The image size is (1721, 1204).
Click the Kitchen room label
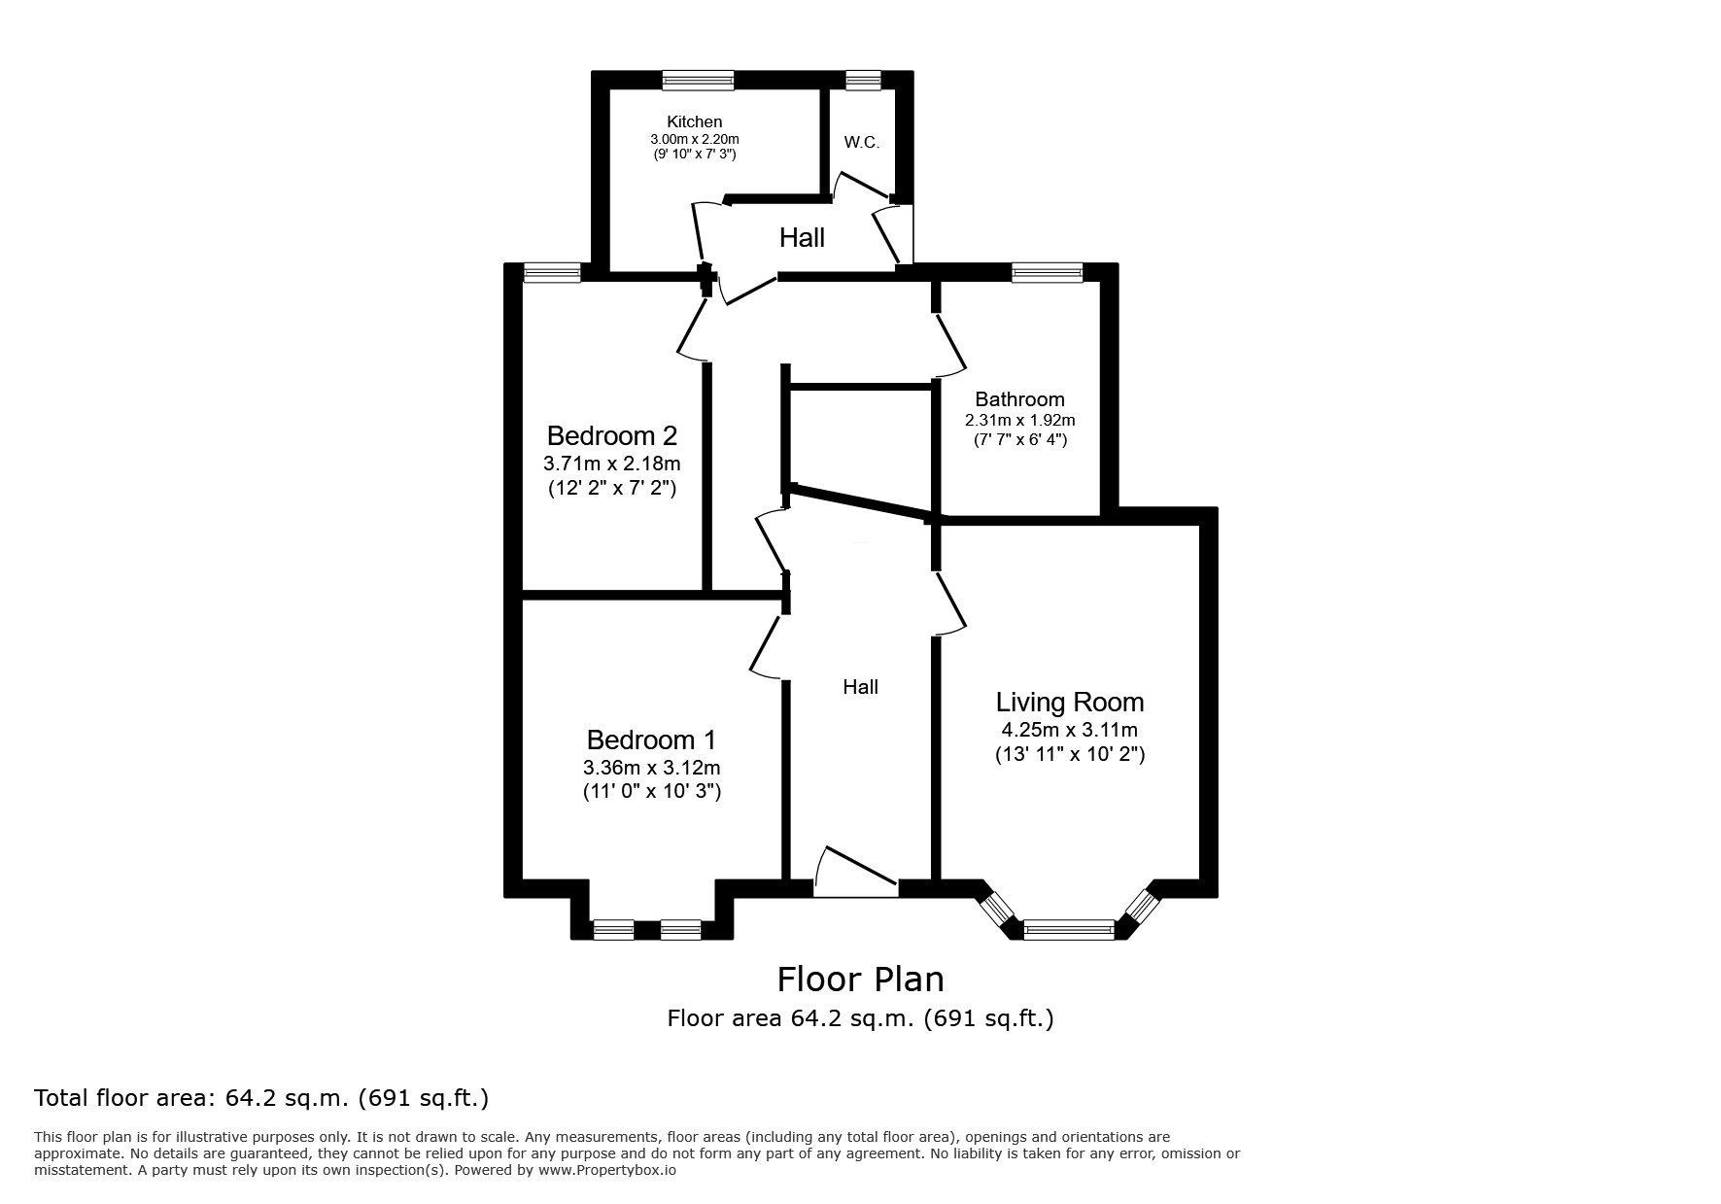[x=694, y=121]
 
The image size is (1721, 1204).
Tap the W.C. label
[x=861, y=143]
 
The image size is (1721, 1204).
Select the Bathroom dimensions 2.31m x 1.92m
[x=1019, y=421]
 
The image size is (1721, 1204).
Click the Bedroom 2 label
[x=611, y=435]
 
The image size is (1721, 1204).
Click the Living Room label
[x=1069, y=702]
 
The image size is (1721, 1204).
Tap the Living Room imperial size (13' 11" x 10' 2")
[x=1069, y=754]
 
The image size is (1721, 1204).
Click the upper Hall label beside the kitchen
[x=802, y=237]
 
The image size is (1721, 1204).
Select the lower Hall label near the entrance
[x=860, y=687]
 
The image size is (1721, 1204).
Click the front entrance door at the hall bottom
[x=855, y=875]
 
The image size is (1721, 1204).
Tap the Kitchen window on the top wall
[x=698, y=81]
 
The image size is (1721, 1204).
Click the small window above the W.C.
[x=862, y=81]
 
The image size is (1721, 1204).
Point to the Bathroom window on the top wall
[x=1047, y=273]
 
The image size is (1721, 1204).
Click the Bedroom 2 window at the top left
[x=552, y=273]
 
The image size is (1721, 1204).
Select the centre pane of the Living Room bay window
[x=1069, y=930]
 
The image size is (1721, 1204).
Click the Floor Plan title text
[x=860, y=979]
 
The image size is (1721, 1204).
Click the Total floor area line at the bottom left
[x=261, y=1098]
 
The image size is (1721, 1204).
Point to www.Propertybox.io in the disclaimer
[x=607, y=1171]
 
